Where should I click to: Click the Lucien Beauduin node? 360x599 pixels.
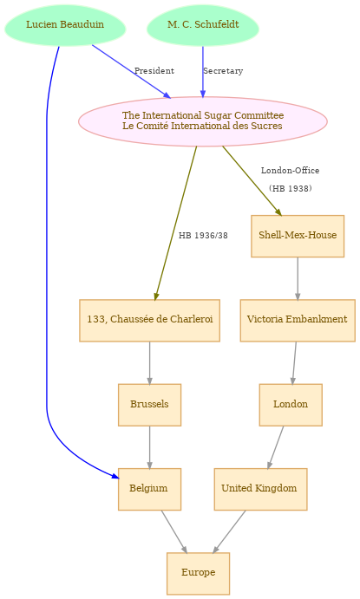click(x=65, y=25)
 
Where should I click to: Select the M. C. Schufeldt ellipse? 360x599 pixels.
click(x=203, y=25)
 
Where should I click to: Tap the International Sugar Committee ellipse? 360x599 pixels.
click(x=203, y=121)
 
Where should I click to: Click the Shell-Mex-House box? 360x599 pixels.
click(x=298, y=236)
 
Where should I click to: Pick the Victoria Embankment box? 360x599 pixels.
click(x=298, y=320)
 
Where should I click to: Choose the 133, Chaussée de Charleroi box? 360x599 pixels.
click(x=149, y=320)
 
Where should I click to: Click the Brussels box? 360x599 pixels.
click(x=149, y=405)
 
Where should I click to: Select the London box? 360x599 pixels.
click(x=291, y=405)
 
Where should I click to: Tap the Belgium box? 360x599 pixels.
click(x=149, y=489)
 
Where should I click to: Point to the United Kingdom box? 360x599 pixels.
click(x=260, y=489)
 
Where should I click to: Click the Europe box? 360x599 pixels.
click(x=198, y=573)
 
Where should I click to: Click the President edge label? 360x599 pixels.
click(x=154, y=71)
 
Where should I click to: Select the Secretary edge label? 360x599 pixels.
click(x=223, y=71)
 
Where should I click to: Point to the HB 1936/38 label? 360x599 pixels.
click(x=203, y=236)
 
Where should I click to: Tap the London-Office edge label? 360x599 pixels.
click(x=290, y=171)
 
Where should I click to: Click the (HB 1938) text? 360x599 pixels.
click(x=290, y=188)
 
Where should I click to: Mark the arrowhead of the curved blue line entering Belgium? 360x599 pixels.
click(x=115, y=476)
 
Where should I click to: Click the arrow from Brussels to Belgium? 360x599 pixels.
click(x=149, y=447)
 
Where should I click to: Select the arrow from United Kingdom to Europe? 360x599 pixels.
click(x=229, y=531)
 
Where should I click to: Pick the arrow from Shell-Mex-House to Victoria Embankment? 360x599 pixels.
click(x=298, y=278)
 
